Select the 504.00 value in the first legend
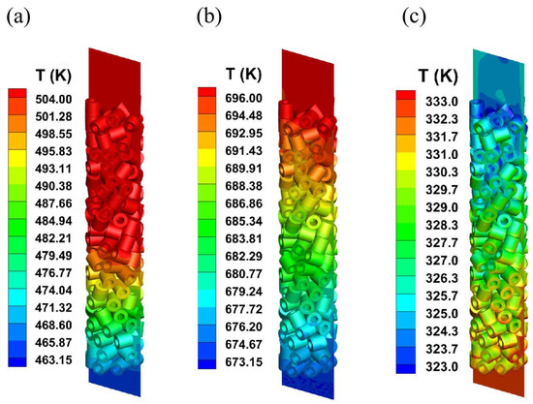(55, 98)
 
